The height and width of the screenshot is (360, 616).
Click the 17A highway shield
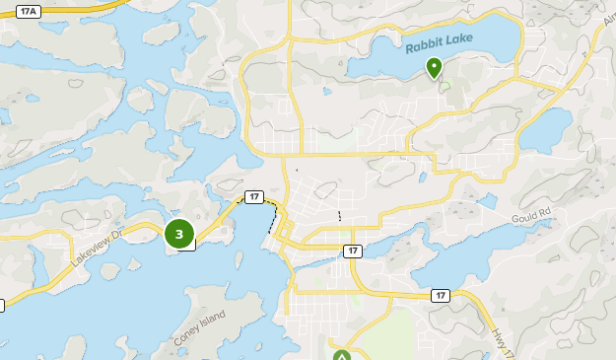pyautogui.click(x=28, y=11)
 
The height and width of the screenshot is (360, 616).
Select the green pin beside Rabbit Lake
pyautogui.click(x=434, y=67)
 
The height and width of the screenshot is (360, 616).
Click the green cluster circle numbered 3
pyautogui.click(x=178, y=234)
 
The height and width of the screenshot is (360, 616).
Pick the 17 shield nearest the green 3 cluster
pyautogui.click(x=254, y=197)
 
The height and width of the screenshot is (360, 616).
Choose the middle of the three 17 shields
pyautogui.click(x=353, y=252)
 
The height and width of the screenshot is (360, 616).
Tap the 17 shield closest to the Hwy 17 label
pyautogui.click(x=440, y=295)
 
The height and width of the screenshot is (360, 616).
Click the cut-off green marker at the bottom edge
pyautogui.click(x=341, y=356)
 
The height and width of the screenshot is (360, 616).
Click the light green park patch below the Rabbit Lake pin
pyautogui.click(x=444, y=87)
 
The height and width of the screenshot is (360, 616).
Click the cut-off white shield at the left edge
pyautogui.click(x=2, y=306)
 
